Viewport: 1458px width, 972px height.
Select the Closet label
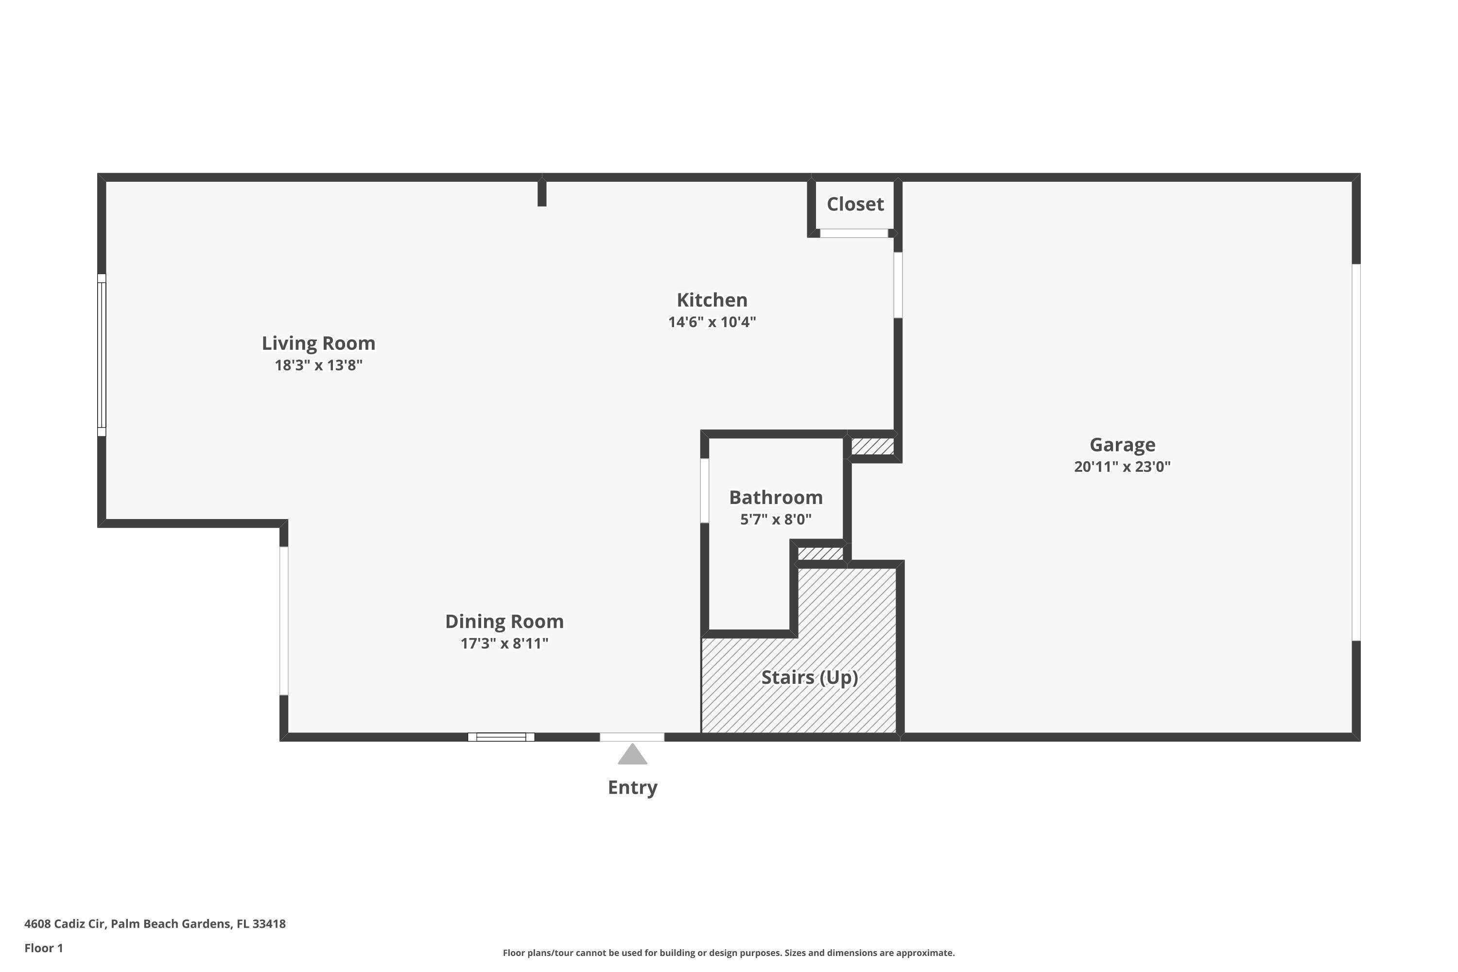855,204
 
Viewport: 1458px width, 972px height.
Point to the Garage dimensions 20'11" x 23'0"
1122,466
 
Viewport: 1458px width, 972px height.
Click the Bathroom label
776,497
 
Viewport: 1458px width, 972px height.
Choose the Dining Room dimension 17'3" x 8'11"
504,643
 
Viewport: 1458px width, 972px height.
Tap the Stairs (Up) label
810,677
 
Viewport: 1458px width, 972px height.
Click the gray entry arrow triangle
632,755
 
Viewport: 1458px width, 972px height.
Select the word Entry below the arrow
632,787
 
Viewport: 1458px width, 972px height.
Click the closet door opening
854,233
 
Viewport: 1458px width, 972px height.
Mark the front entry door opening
632,737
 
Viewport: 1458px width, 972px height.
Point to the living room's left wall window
102,355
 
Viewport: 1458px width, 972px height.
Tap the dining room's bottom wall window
501,737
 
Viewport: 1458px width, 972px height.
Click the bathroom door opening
705,490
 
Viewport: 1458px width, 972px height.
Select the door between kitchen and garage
898,285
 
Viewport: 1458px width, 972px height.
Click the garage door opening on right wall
1356,452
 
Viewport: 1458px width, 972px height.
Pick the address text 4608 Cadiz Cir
65,924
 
